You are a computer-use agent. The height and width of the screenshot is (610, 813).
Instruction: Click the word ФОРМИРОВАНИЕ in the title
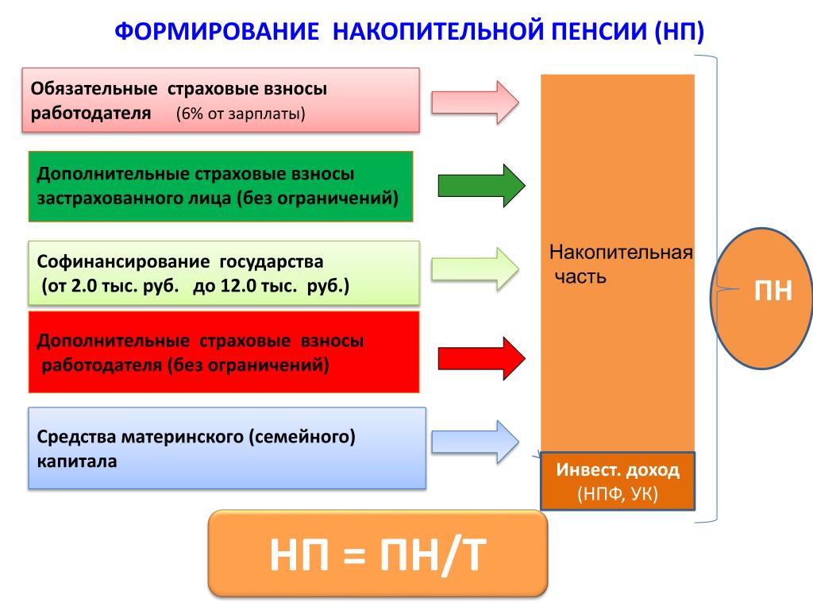click(x=217, y=31)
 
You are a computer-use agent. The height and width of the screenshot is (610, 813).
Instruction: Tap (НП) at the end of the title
click(x=679, y=32)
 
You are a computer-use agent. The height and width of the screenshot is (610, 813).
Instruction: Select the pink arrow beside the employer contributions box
click(x=475, y=102)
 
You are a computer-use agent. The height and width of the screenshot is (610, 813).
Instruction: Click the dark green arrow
click(x=482, y=186)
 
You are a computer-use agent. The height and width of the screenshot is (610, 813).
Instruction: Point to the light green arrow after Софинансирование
click(x=475, y=268)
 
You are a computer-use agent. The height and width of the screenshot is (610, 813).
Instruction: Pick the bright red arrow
click(x=482, y=358)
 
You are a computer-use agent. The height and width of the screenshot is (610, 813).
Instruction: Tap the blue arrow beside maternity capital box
click(x=475, y=442)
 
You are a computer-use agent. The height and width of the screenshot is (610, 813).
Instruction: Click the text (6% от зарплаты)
click(x=241, y=114)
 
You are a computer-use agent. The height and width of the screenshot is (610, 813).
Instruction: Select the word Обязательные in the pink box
click(x=94, y=89)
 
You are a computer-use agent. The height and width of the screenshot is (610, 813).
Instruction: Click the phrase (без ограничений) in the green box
click(x=318, y=198)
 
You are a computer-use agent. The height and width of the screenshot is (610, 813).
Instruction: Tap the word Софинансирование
click(x=123, y=261)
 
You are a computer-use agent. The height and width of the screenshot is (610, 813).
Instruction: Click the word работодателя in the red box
click(x=102, y=365)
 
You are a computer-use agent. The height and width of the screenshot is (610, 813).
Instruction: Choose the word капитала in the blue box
click(x=77, y=461)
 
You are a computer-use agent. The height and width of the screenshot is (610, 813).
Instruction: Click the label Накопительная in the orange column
click(x=621, y=253)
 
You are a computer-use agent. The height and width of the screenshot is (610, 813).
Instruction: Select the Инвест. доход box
click(x=618, y=481)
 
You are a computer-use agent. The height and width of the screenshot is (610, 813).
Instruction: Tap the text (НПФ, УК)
click(x=618, y=493)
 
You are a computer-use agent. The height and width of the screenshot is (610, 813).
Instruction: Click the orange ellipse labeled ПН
click(x=761, y=299)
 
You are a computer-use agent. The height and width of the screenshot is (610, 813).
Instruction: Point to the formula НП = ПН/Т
click(x=378, y=555)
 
